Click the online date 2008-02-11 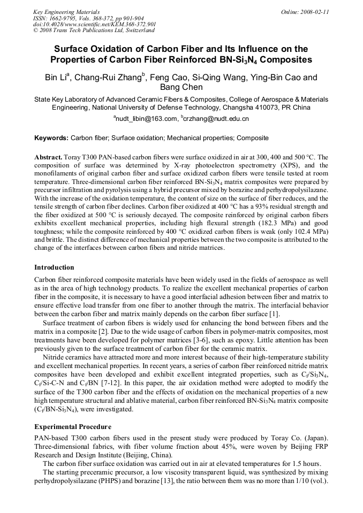[x=313, y=11]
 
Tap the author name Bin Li [x=55, y=78]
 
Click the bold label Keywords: [x=51, y=138]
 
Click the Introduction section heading [x=54, y=267]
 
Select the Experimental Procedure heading [x=73, y=427]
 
